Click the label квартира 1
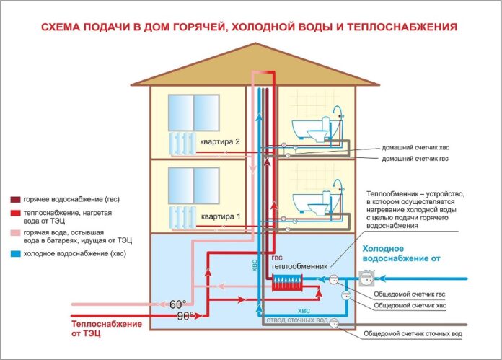click(220, 216)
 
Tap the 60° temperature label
click(177, 303)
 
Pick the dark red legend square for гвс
click(15, 198)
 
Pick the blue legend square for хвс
click(15, 254)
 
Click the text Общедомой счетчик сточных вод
click(410, 334)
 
